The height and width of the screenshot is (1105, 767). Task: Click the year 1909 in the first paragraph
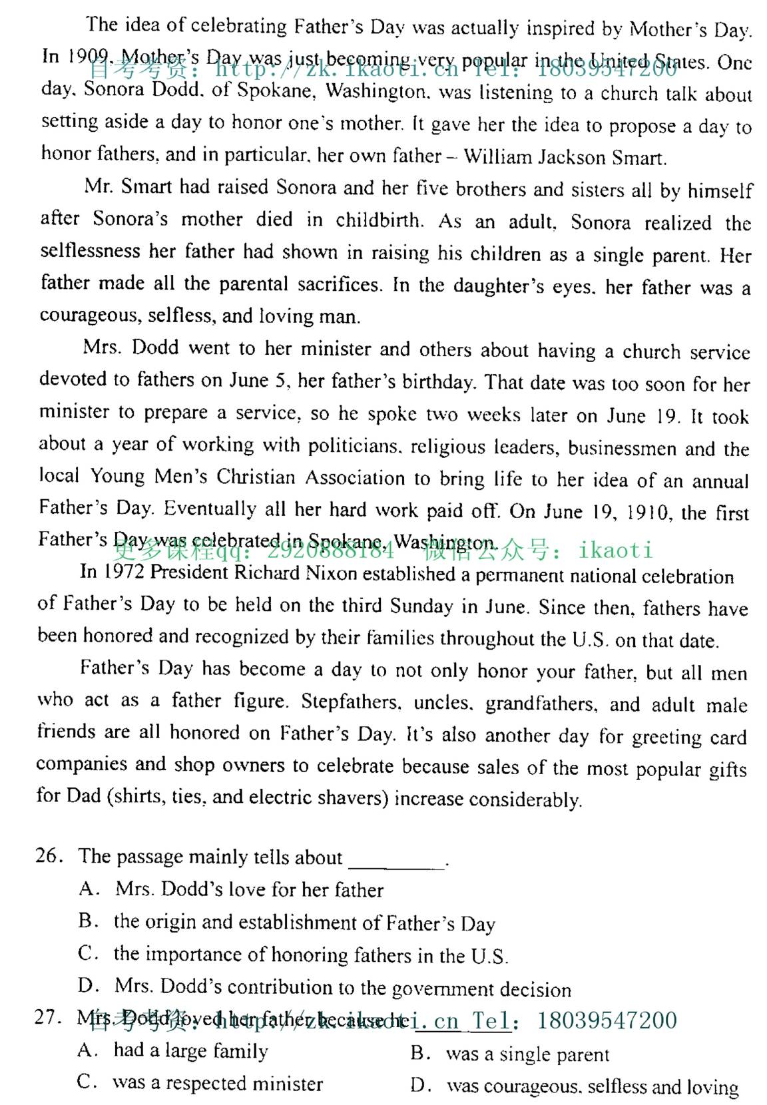[85, 57]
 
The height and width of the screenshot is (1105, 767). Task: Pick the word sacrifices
[339, 285]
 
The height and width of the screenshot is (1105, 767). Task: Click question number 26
[49, 855]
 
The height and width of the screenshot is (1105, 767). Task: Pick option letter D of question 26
[87, 985]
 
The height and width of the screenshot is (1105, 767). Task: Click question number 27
[48, 1017]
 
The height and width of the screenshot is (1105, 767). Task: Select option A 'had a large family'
[190, 1051]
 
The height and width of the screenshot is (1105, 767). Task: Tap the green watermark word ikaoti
[615, 550]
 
